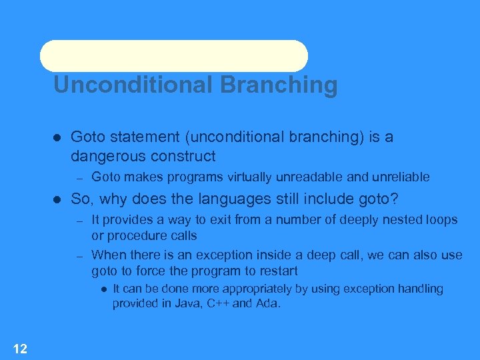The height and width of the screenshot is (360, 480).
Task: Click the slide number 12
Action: click(x=20, y=348)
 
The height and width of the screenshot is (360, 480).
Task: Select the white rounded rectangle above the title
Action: click(x=173, y=56)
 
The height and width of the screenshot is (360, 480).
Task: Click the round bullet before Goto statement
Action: click(x=57, y=137)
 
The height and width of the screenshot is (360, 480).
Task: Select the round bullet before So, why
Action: click(x=57, y=199)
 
